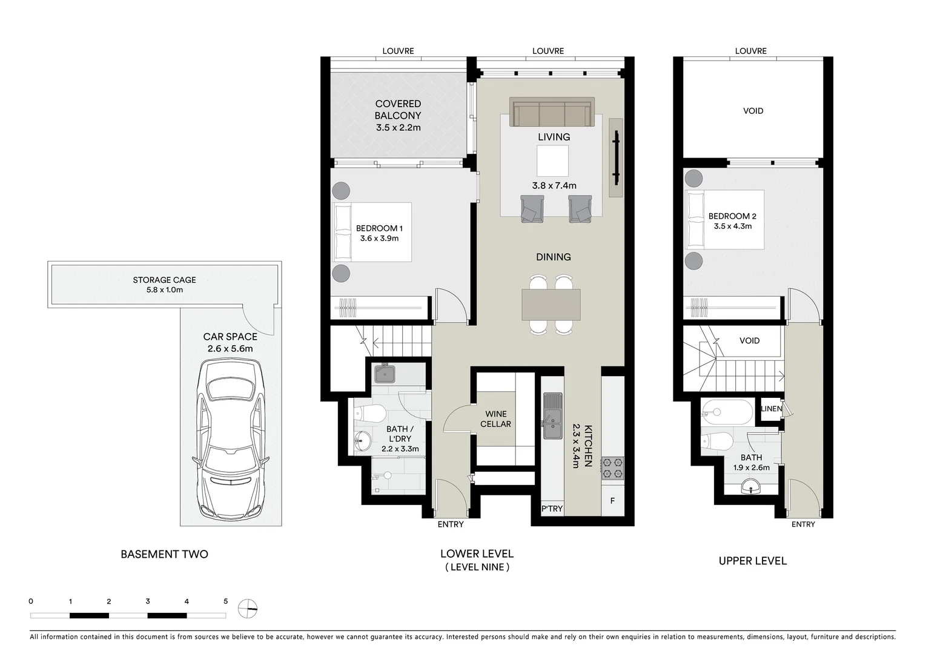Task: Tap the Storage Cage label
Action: (x=165, y=280)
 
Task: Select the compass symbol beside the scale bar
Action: (x=248, y=609)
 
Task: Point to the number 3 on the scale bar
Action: (x=148, y=601)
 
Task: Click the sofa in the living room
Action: (x=552, y=111)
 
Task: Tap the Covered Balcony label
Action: (x=398, y=110)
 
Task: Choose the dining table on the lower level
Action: (x=551, y=305)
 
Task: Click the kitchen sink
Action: (x=553, y=416)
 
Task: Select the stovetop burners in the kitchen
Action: (x=613, y=467)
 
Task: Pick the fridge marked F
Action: (x=613, y=501)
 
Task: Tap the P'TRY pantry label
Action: (x=552, y=509)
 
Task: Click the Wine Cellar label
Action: (x=495, y=419)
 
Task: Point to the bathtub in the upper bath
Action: (x=727, y=412)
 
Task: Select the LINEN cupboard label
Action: (x=772, y=409)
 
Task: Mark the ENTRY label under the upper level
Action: (x=803, y=524)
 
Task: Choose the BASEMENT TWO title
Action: (x=165, y=554)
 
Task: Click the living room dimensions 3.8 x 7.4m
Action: (x=554, y=186)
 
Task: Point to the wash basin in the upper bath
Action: (x=751, y=487)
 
